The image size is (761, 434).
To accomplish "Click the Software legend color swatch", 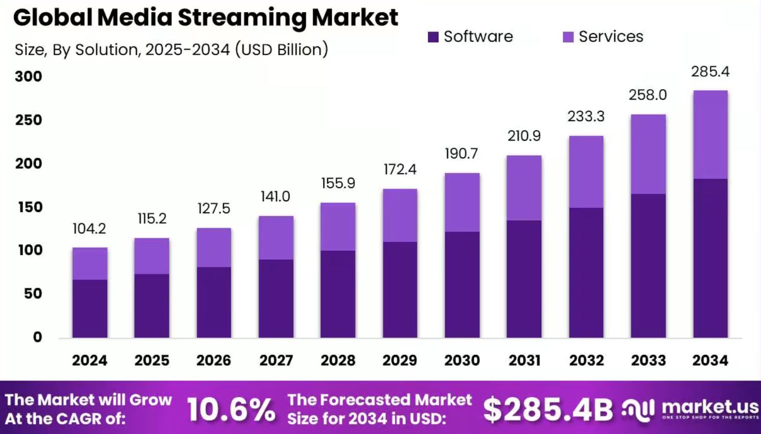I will tap(433, 37).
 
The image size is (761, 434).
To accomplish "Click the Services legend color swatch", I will tap(568, 37).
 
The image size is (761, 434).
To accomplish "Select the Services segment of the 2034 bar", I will tap(710, 134).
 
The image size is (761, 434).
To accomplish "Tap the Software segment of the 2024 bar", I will tap(90, 308).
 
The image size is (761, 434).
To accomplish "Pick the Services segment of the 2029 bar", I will tap(400, 215).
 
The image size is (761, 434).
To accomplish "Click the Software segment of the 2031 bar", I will tap(524, 279).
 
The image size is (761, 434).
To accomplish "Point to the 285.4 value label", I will tap(710, 72).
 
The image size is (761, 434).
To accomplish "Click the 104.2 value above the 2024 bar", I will tap(89, 229).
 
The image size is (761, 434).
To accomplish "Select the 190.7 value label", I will tap(461, 154).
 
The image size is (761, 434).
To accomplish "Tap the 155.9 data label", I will tap(338, 183).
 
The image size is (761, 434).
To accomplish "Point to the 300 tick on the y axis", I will tap(29, 77).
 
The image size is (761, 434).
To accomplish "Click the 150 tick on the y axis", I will tap(30, 207).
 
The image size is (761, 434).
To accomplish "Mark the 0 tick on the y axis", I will tap(37, 337).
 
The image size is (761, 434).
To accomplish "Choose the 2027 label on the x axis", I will tap(276, 360).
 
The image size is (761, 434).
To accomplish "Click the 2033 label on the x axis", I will tap(648, 360).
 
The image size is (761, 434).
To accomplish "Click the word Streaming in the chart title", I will tap(241, 18).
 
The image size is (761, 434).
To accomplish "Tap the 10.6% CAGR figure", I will tap(231, 409).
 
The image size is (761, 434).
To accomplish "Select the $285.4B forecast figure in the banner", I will tap(548, 409).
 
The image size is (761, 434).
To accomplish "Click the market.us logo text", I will tap(710, 406).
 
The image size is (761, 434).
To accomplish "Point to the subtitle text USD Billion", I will tap(281, 50).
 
